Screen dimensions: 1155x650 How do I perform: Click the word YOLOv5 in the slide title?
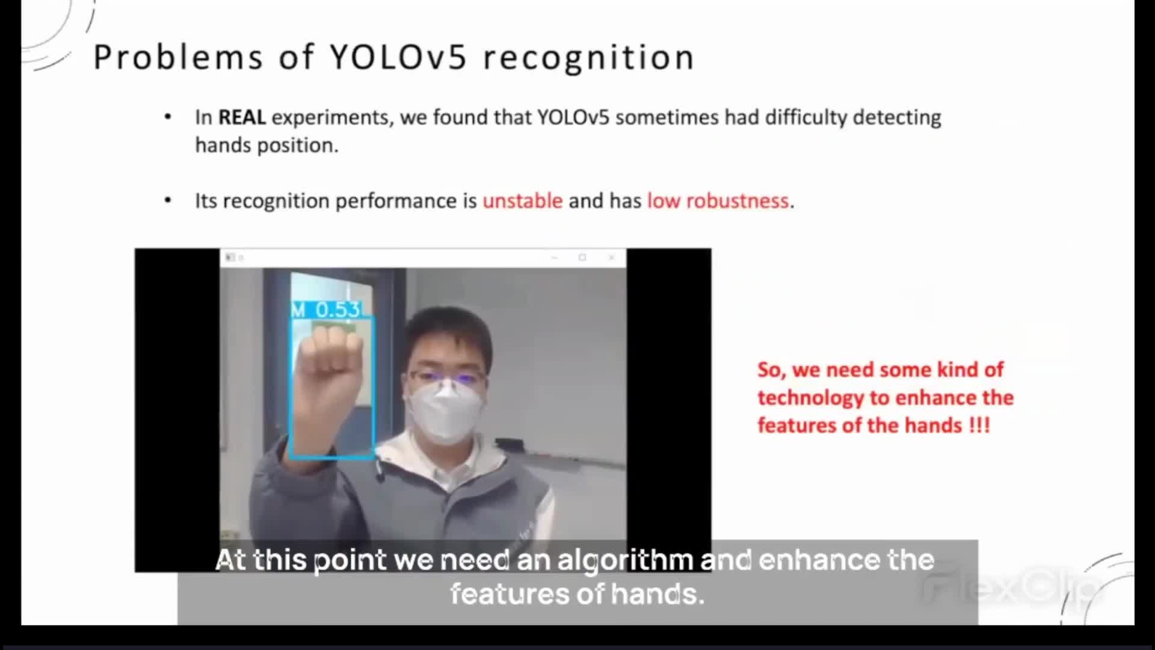[x=398, y=58]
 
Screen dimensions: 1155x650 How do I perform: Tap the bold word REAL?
[x=242, y=117]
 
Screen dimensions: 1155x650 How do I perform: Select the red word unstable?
[x=522, y=200]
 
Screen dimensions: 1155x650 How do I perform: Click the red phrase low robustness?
[x=718, y=200]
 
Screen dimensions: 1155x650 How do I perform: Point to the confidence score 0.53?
[x=337, y=309]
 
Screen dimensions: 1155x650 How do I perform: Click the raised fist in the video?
[x=331, y=361]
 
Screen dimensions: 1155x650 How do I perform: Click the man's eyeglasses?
[x=446, y=380]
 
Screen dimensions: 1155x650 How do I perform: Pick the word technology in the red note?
[x=810, y=398]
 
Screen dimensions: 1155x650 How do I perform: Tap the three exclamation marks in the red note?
[x=979, y=426]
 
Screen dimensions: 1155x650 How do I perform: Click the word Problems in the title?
[x=178, y=58]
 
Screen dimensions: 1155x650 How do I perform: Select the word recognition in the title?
[x=589, y=58]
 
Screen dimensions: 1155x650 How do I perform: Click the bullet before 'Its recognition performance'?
[x=168, y=200]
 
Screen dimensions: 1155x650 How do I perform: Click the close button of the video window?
[x=611, y=258]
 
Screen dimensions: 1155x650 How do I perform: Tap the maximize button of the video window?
[x=582, y=258]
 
